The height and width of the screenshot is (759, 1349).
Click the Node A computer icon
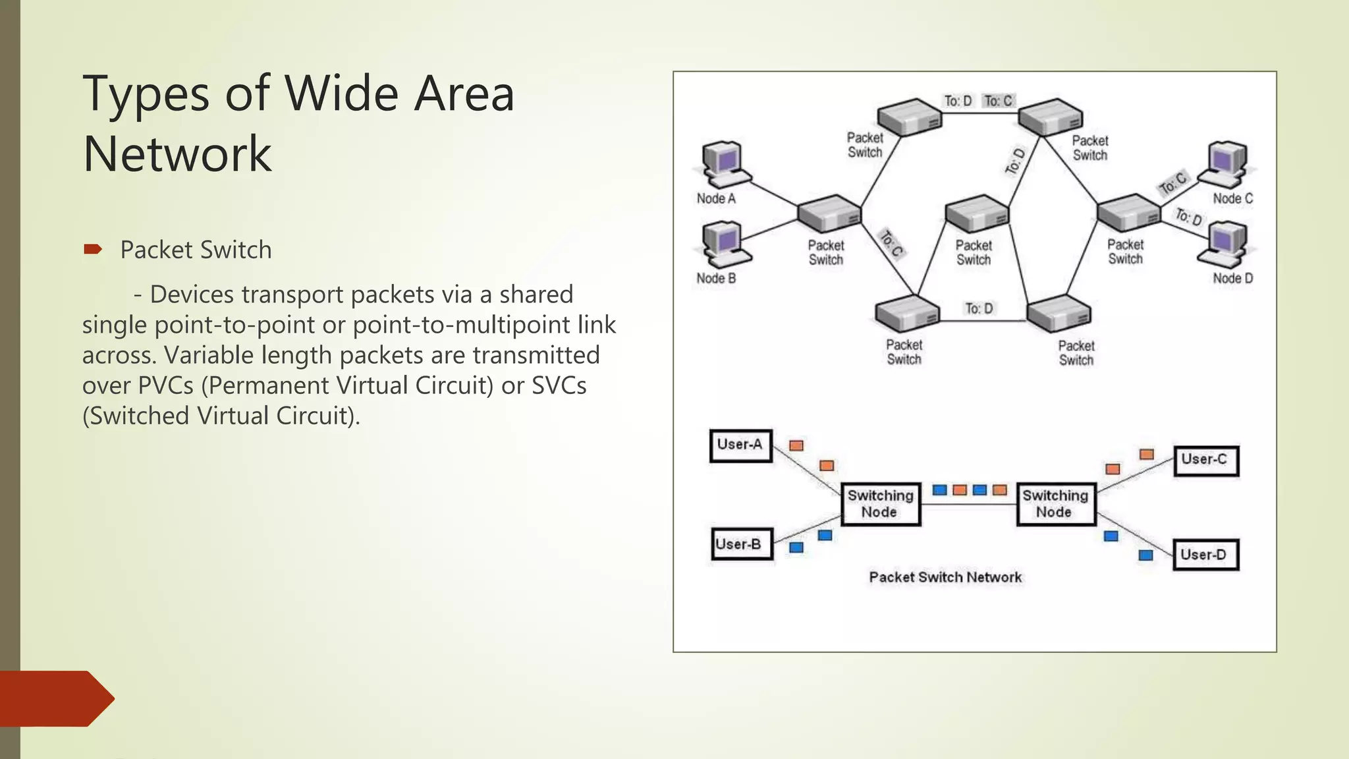[723, 165]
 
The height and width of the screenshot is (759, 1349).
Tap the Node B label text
[716, 278]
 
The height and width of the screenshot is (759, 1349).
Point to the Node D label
[1232, 278]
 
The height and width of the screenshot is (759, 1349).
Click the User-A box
[740, 445]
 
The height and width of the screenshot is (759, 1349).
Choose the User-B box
[741, 544]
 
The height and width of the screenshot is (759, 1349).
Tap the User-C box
[1205, 460]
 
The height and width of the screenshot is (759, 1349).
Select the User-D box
[1205, 554]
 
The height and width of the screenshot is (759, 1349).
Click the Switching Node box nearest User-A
[881, 504]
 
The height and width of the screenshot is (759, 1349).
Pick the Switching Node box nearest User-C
[1055, 504]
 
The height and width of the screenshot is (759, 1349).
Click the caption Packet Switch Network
[945, 577]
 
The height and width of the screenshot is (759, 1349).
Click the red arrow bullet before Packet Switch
[93, 249]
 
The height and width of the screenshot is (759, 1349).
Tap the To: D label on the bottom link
[978, 308]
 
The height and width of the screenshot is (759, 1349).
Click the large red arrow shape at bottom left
[56, 698]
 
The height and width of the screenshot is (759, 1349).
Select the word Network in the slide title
[177, 154]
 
